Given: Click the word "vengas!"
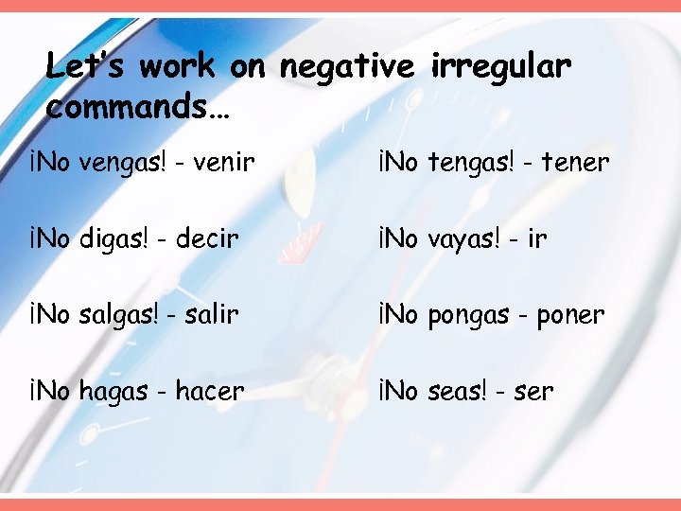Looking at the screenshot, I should [123, 163].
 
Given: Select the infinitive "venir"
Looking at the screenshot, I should [224, 163].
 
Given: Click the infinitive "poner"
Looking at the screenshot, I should [570, 315].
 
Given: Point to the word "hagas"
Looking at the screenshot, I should [115, 391].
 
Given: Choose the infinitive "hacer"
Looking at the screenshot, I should [209, 391].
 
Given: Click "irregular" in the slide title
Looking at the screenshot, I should [501, 67].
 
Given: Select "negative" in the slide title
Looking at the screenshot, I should [347, 67].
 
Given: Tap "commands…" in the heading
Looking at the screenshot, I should [138, 107].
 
